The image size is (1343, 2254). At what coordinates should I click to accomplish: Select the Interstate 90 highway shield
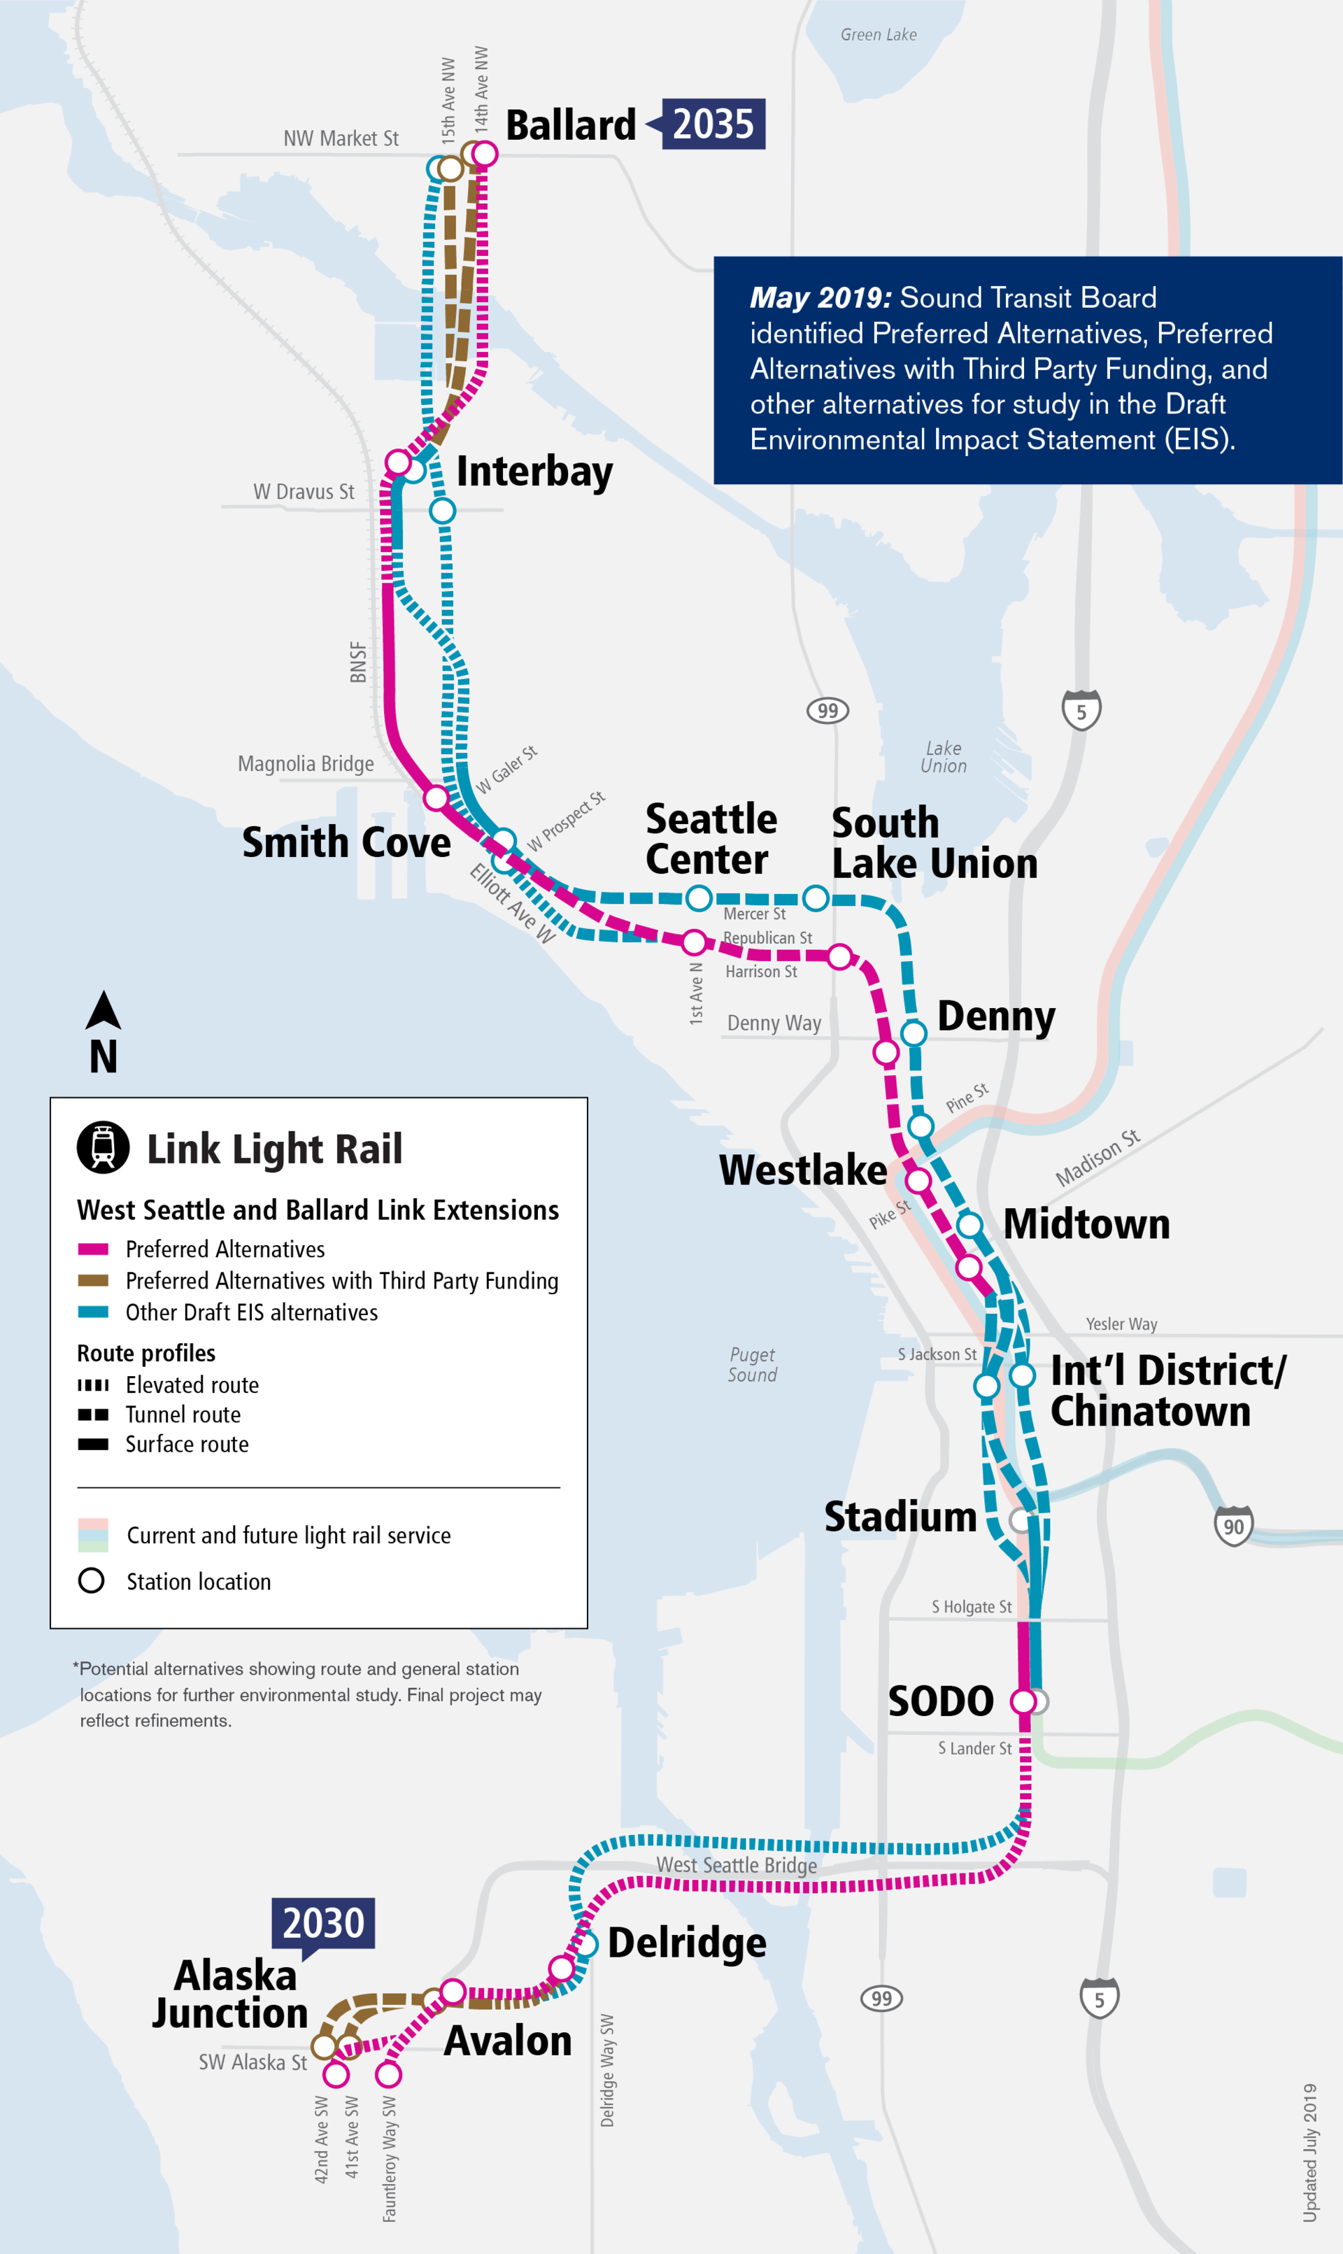pyautogui.click(x=1232, y=1526)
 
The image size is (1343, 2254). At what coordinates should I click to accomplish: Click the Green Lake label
pyautogui.click(x=878, y=35)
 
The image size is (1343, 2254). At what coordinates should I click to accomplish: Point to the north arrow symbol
pyautogui.click(x=103, y=1012)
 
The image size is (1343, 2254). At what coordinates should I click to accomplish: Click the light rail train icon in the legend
pyautogui.click(x=103, y=1147)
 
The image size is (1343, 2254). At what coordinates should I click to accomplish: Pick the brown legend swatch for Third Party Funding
pyautogui.click(x=93, y=1280)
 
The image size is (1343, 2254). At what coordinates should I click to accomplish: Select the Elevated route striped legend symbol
pyautogui.click(x=93, y=1384)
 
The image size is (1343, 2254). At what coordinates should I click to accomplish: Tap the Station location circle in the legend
pyautogui.click(x=92, y=1581)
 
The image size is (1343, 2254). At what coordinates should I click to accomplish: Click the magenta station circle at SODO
pyautogui.click(x=1023, y=1701)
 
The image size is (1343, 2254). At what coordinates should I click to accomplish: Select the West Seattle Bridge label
pyautogui.click(x=736, y=1864)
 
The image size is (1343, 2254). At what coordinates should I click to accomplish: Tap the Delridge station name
pyautogui.click(x=687, y=1943)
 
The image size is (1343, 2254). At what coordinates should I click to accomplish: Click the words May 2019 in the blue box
pyautogui.click(x=820, y=298)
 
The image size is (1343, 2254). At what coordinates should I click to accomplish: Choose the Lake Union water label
pyautogui.click(x=943, y=756)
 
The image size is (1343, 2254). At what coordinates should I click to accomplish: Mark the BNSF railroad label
pyautogui.click(x=358, y=662)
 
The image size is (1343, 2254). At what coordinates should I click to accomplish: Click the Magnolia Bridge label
pyautogui.click(x=305, y=764)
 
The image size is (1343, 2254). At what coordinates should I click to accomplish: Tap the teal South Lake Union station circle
pyautogui.click(x=816, y=898)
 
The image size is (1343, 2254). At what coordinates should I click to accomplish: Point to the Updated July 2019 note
pyautogui.click(x=1309, y=2152)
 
